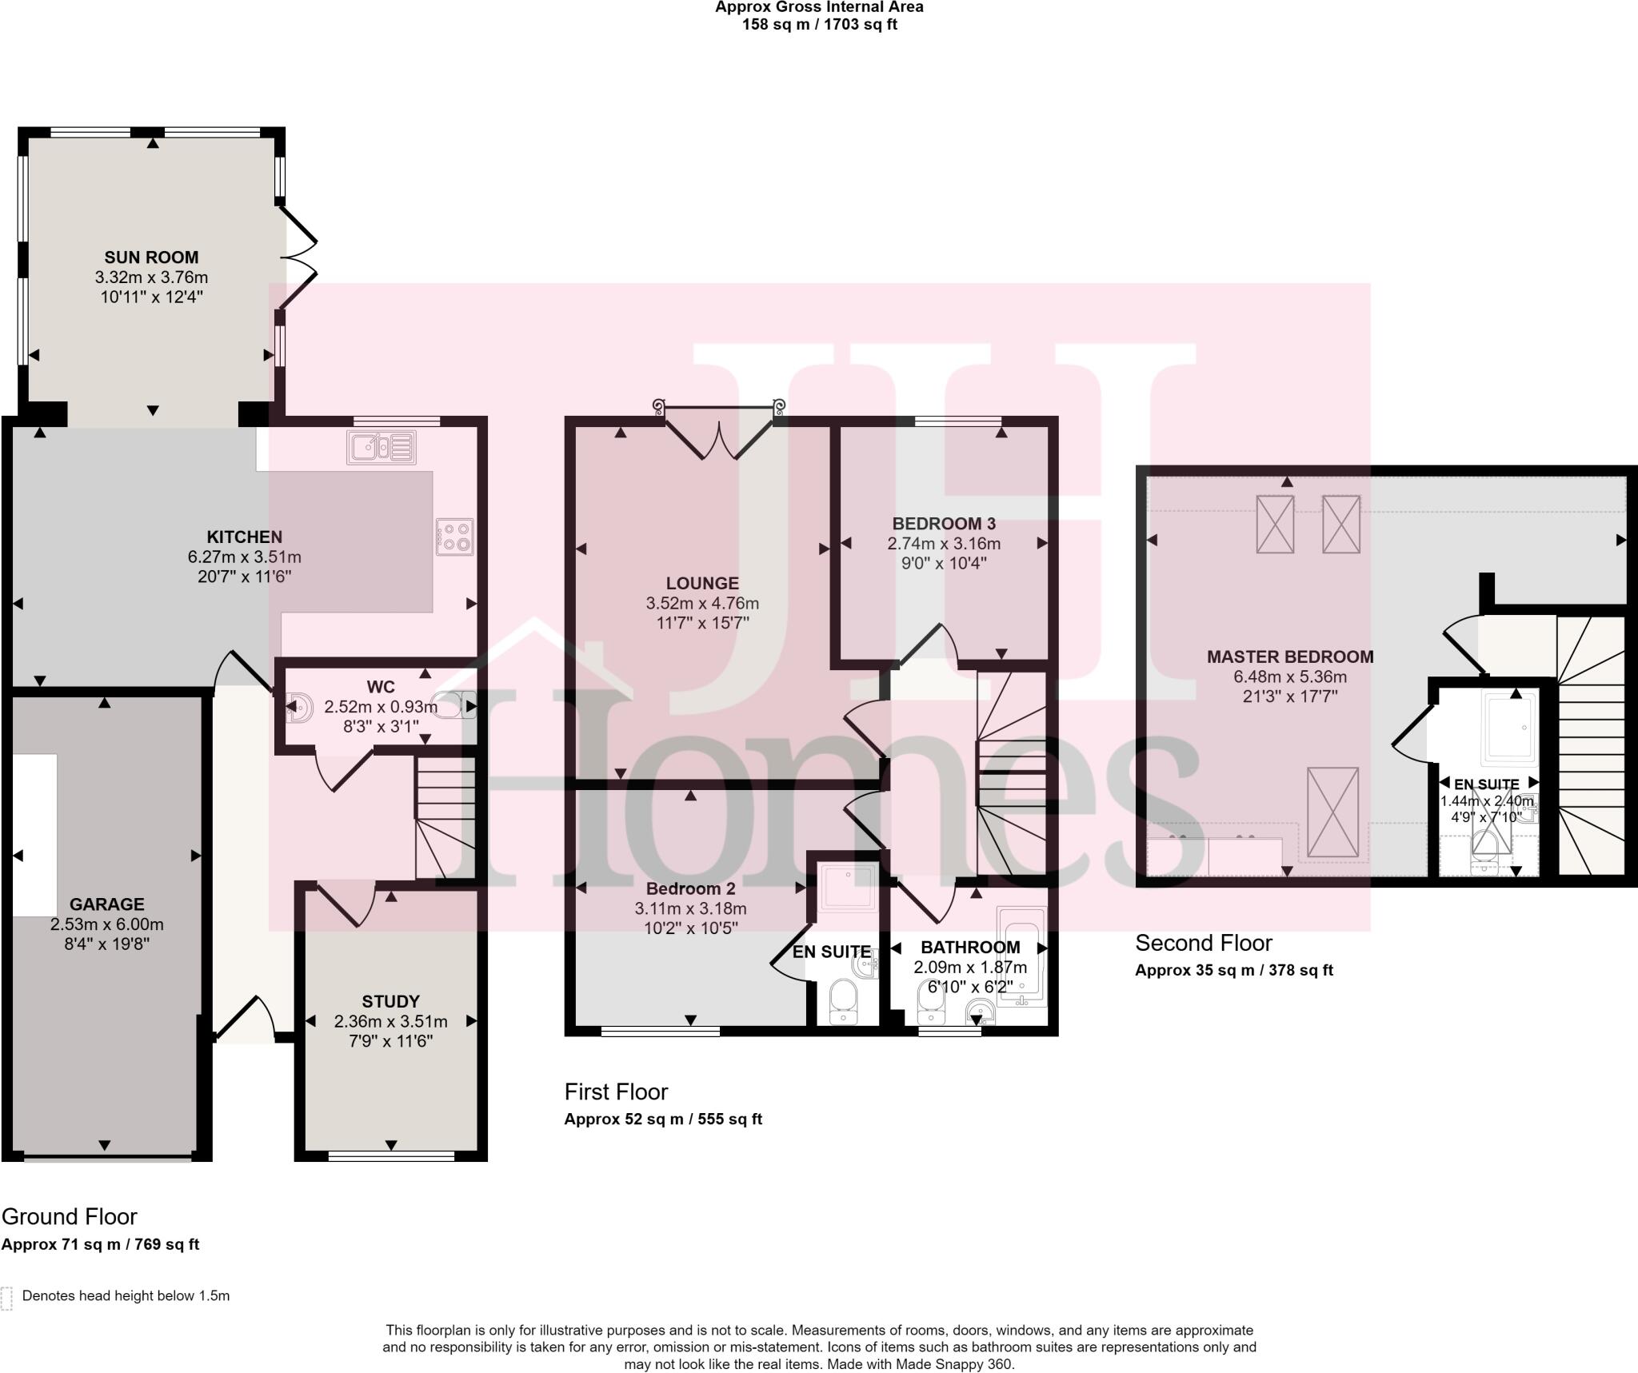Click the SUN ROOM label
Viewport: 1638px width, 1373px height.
coord(151,257)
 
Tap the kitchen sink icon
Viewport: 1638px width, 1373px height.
coord(382,447)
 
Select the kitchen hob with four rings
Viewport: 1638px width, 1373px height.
coord(455,537)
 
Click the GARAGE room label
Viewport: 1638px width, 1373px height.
coord(106,904)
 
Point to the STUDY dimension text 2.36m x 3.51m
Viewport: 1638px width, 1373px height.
coord(390,1021)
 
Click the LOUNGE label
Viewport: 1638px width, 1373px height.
coord(702,584)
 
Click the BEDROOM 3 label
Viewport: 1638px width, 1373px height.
coord(944,524)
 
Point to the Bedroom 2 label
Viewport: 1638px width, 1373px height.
coord(690,888)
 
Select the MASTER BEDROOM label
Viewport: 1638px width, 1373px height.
coord(1289,657)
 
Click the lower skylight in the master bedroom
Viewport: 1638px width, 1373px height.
coord(1332,812)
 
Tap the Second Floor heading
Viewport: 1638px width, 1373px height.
coord(1203,943)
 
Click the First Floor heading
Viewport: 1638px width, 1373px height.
coord(616,1092)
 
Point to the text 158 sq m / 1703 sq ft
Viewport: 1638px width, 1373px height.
coord(819,24)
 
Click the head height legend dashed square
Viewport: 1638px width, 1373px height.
coord(7,1299)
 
